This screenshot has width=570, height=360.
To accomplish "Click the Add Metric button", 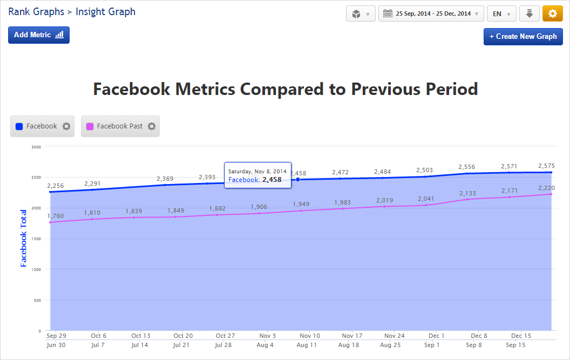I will [39, 35].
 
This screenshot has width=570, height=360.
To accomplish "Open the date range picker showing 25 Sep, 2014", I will [431, 14].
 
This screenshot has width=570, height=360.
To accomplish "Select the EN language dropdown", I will [501, 14].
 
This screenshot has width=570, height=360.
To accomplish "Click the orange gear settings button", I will [552, 14].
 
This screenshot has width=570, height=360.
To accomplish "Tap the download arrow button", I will [530, 14].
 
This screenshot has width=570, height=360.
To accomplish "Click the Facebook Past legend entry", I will [120, 126].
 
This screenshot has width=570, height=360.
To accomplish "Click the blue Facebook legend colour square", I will [19, 126].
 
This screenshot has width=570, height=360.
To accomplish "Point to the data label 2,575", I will [546, 166].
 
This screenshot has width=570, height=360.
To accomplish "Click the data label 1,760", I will [55, 216].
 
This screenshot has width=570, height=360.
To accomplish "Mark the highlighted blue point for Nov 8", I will [298, 179].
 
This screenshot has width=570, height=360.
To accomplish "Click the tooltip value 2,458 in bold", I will [272, 180].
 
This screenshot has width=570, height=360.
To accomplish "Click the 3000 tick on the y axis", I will [36, 146].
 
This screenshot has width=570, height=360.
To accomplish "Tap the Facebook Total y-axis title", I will [24, 238].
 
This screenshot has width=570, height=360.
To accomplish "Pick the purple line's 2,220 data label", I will [546, 188].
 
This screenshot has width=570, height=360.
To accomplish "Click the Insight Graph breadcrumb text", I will [105, 11].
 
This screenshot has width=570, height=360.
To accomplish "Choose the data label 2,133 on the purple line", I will [468, 193].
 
